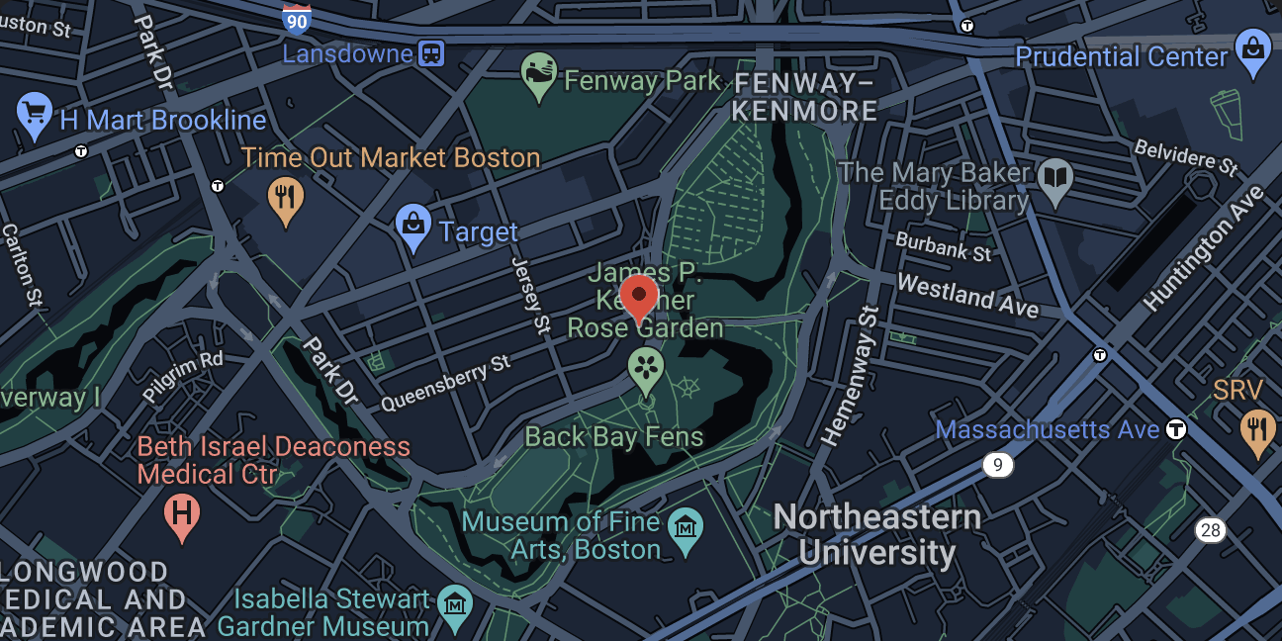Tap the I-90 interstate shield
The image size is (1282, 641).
click(x=296, y=19)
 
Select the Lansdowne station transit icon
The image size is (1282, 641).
click(x=431, y=53)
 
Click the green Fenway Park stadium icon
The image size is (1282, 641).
click(x=537, y=75)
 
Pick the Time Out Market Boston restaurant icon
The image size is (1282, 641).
click(x=285, y=197)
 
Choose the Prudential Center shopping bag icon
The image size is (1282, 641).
click(x=1253, y=51)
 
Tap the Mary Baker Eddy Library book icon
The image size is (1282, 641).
click(x=1056, y=179)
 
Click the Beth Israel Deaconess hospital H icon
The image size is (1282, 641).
click(x=181, y=513)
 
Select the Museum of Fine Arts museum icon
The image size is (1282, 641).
click(x=685, y=525)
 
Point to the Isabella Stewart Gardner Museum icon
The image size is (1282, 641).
click(x=454, y=603)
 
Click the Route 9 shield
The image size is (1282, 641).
click(x=998, y=464)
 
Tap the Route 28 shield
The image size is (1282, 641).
click(x=1210, y=530)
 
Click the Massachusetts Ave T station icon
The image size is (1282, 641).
click(x=1176, y=429)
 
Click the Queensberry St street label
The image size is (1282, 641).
click(x=446, y=383)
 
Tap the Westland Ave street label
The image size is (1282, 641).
click(x=967, y=296)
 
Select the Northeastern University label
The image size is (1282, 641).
click(x=876, y=534)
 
